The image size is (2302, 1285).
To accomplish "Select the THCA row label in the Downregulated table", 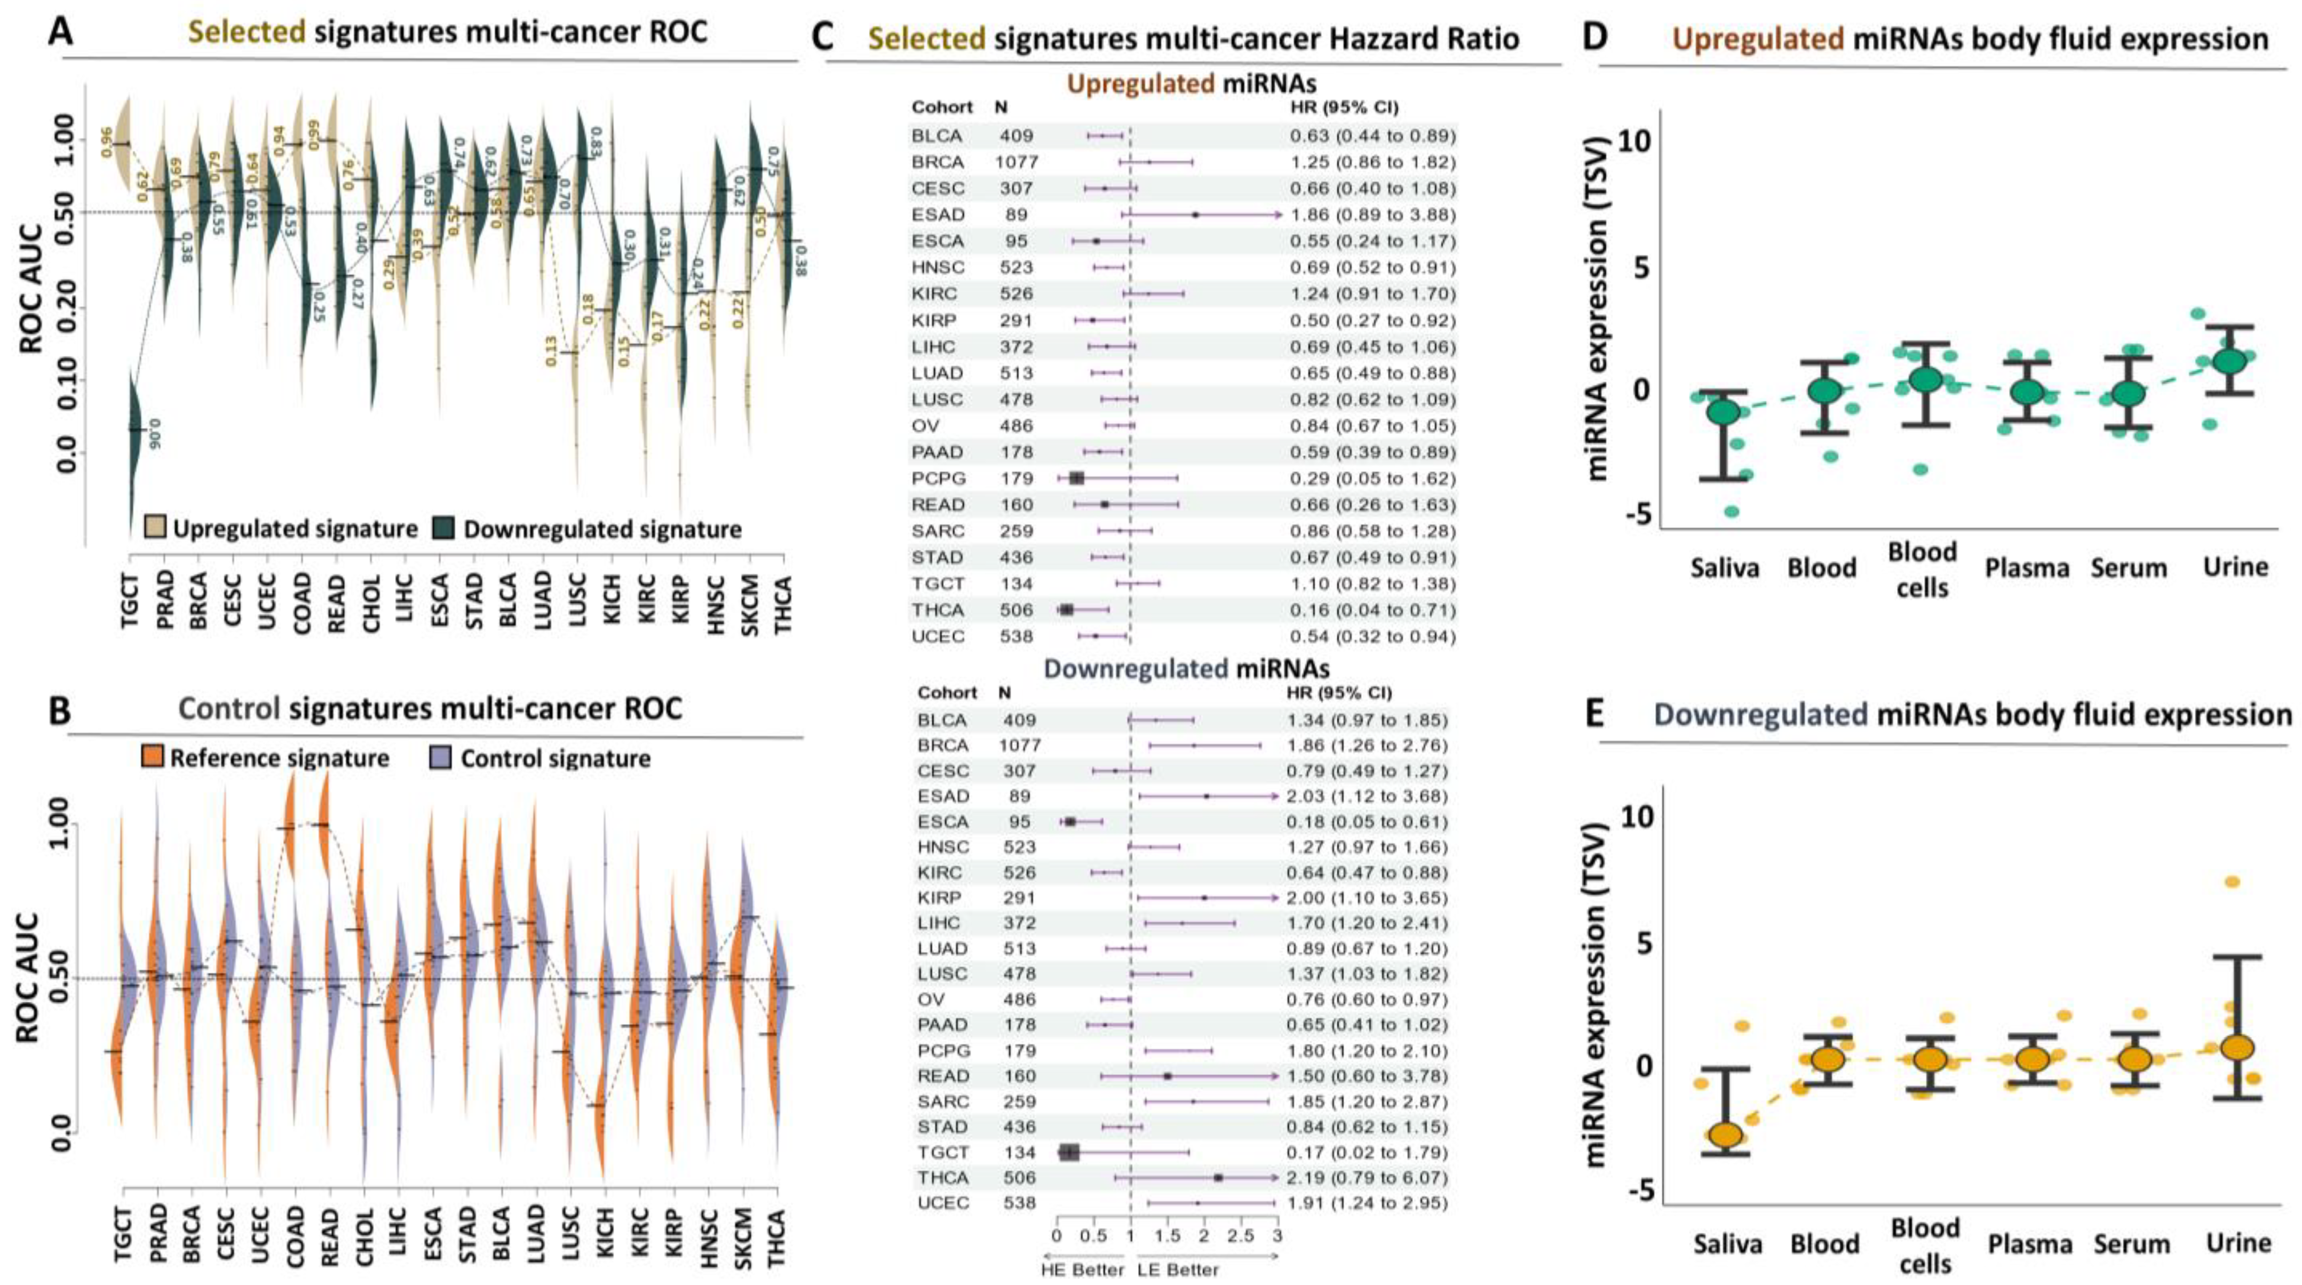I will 943,1178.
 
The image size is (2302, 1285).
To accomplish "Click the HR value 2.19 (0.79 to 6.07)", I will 1372,1178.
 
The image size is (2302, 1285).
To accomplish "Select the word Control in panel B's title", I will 229,709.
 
